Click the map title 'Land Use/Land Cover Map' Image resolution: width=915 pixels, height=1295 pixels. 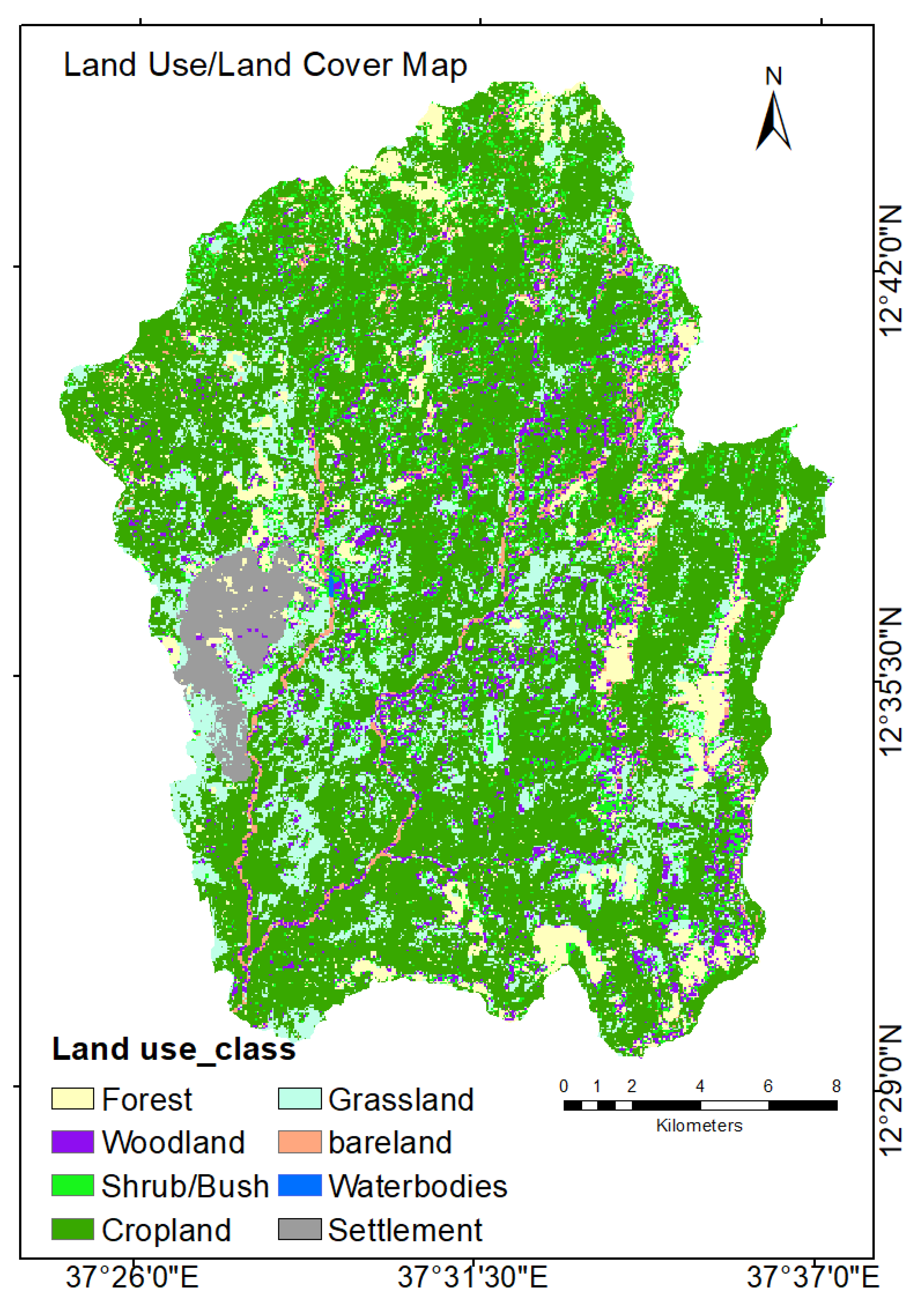265,65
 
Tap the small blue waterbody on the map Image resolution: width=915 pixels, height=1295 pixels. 335,585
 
